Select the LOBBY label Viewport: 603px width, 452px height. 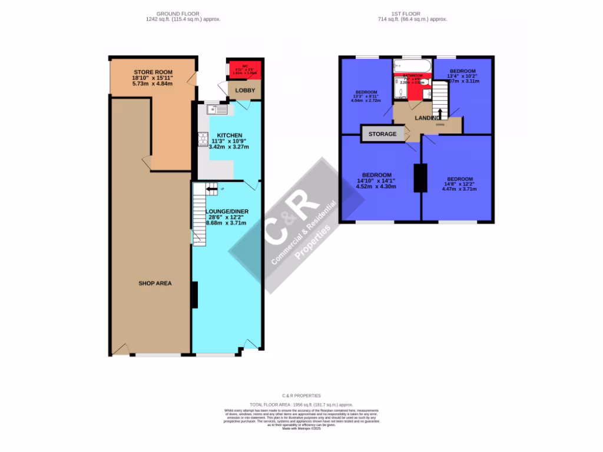[245, 91]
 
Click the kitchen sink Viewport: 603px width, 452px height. [217, 109]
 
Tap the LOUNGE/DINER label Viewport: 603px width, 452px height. [226, 211]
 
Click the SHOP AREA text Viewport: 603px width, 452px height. [155, 284]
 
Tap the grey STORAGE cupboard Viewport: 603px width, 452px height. [382, 134]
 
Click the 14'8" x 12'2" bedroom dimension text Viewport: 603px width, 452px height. [459, 185]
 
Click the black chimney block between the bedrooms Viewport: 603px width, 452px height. [420, 178]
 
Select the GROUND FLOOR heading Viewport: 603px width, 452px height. [178, 14]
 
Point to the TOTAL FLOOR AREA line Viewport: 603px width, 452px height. [301, 405]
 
